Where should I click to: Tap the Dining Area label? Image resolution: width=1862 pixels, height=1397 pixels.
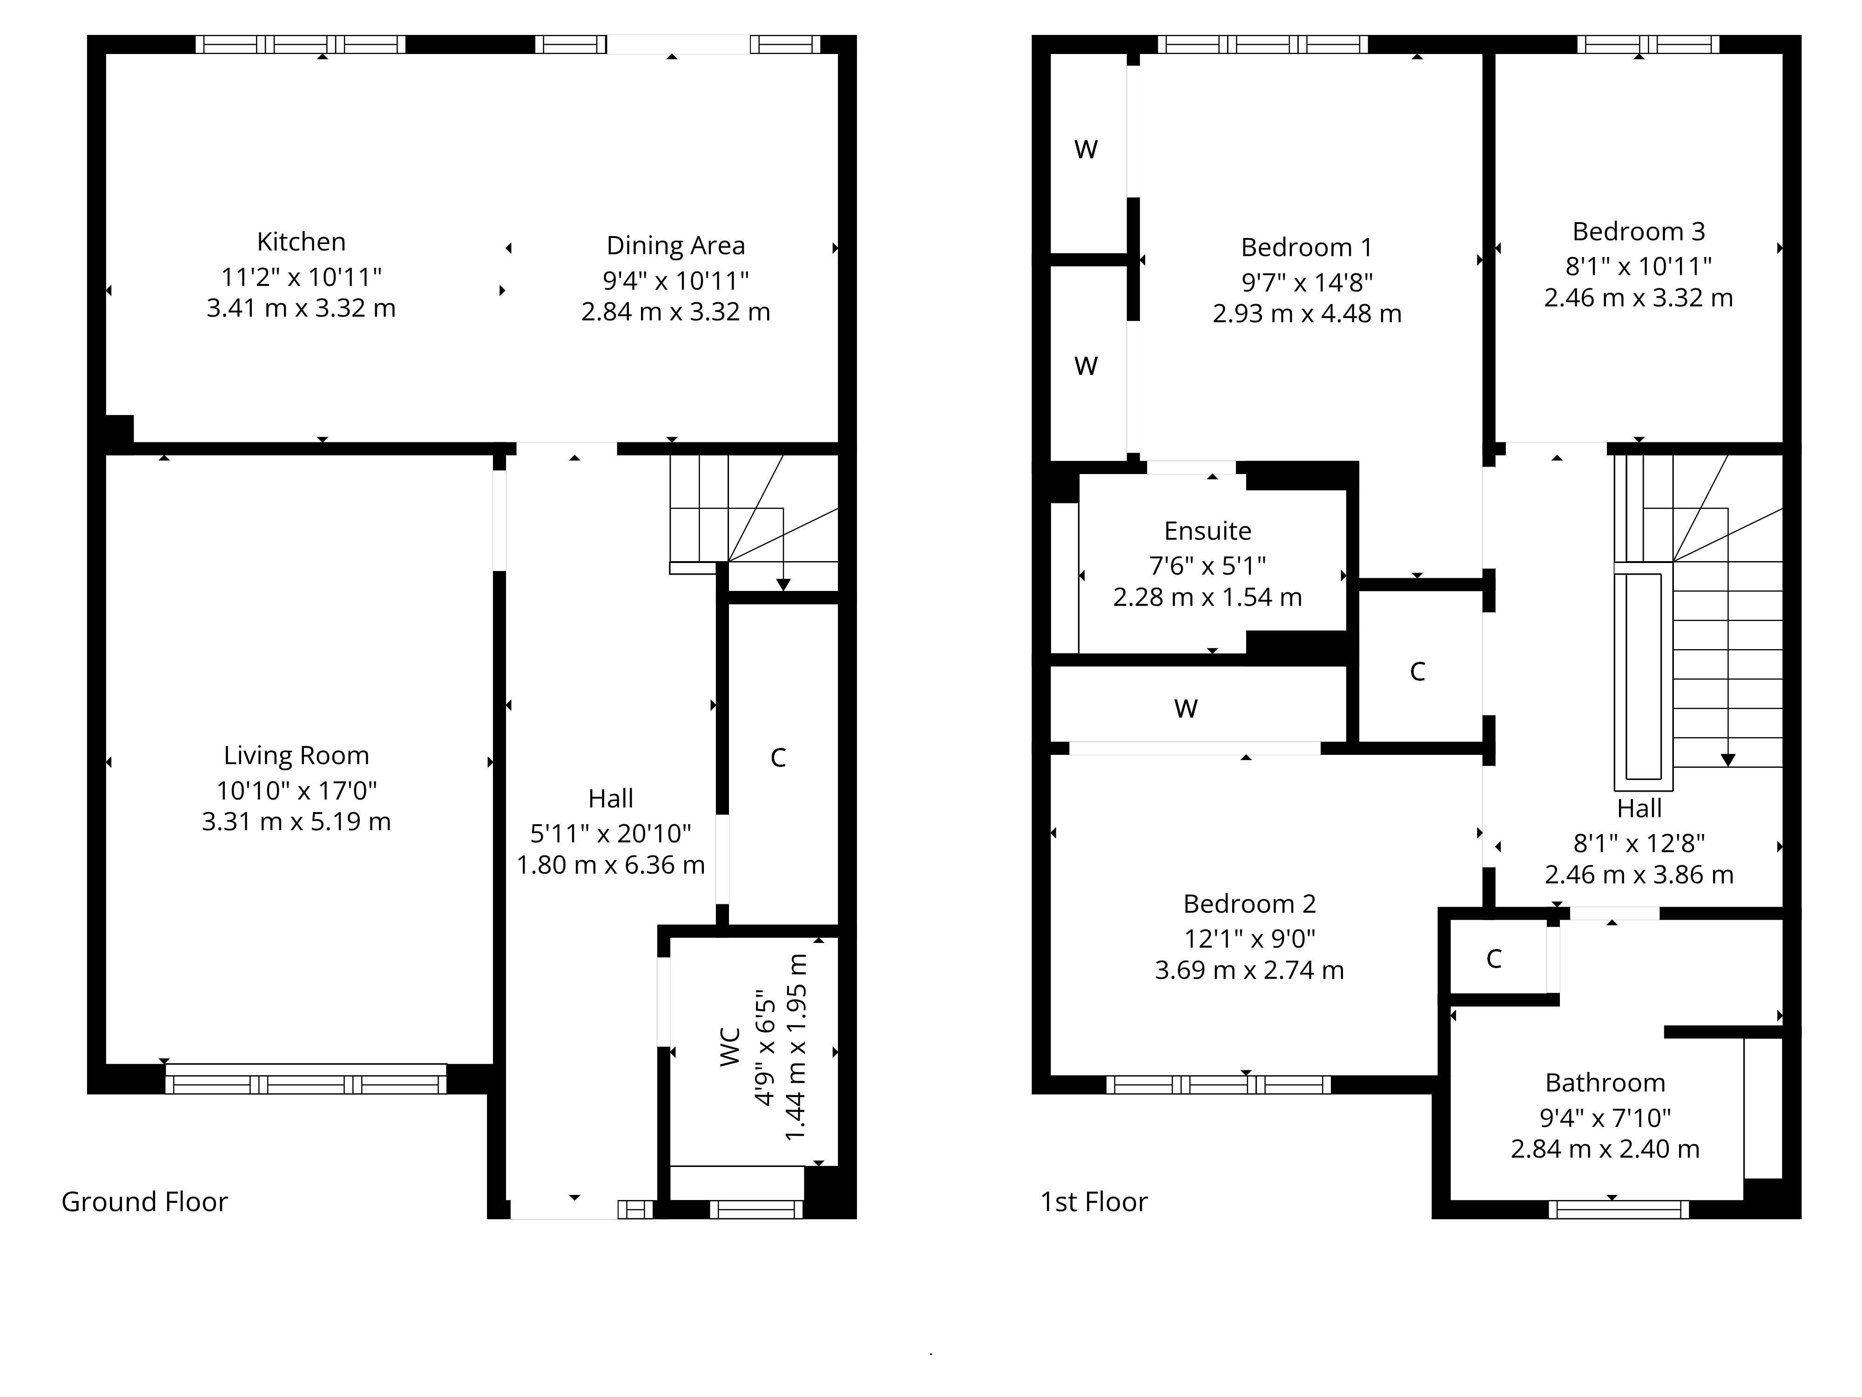coord(676,246)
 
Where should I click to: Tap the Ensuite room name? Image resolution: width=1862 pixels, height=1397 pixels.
coord(1208,531)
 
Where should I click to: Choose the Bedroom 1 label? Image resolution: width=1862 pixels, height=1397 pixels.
coord(1307,248)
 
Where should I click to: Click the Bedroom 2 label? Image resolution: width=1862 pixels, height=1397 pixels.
coord(1250,903)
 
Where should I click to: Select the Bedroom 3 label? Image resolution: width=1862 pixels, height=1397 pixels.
coord(1639,231)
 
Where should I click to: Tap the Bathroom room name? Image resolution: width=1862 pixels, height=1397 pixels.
coord(1605,1083)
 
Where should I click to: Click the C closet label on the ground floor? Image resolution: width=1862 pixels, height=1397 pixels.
coord(779,758)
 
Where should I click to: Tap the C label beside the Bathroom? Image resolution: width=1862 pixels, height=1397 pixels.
coord(1494,958)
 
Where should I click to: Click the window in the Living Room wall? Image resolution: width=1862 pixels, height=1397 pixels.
coord(305,1078)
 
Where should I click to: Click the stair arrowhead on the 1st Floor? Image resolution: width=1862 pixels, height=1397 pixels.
coord(1728,760)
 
